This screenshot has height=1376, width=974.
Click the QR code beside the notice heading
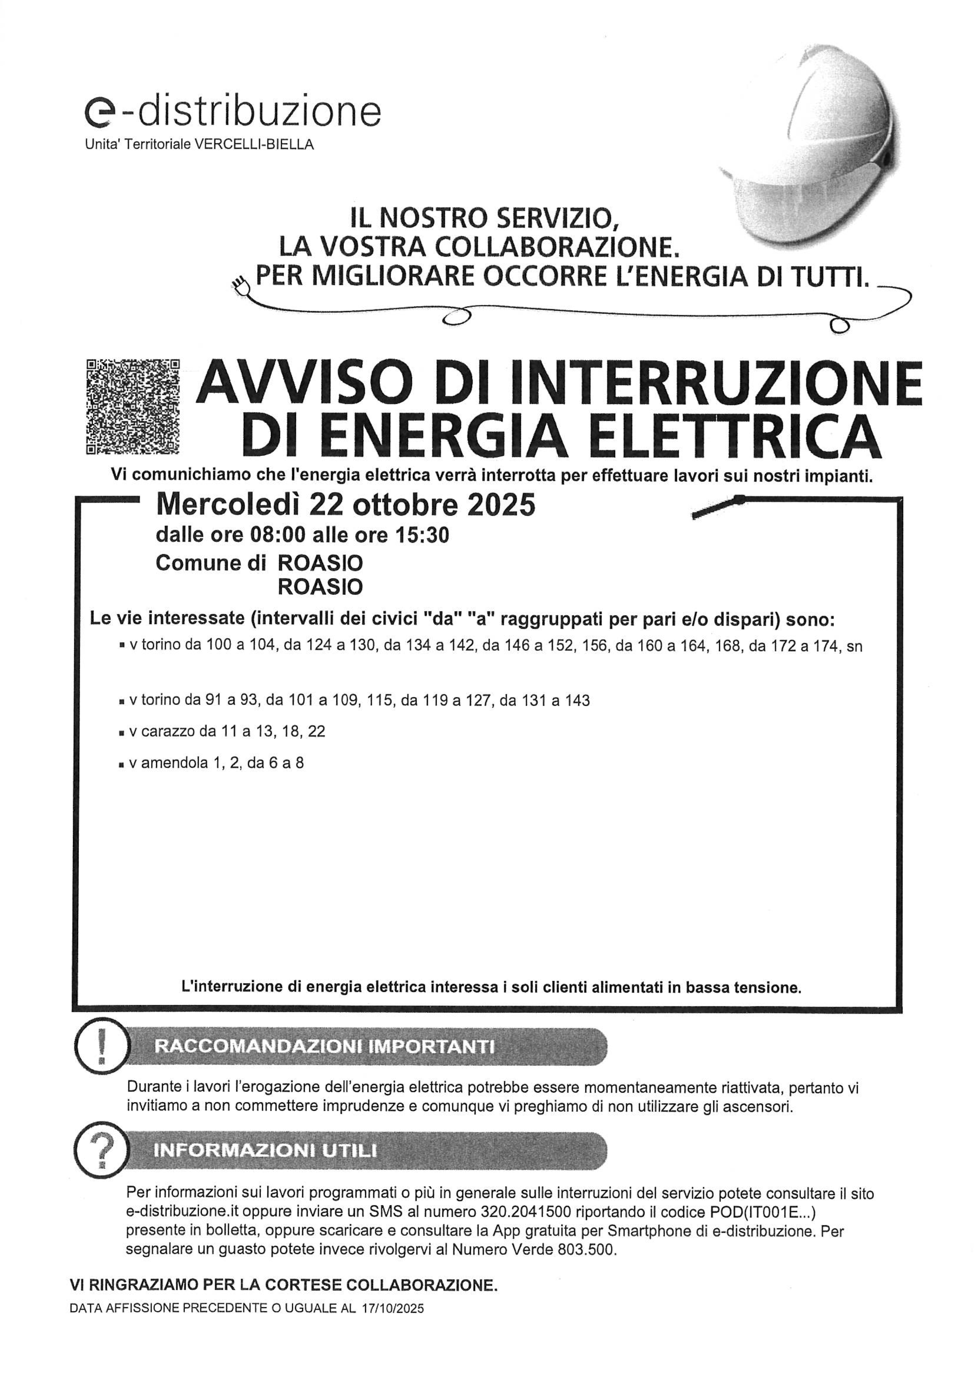pos(133,406)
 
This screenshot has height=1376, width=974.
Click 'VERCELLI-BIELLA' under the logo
pos(255,144)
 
